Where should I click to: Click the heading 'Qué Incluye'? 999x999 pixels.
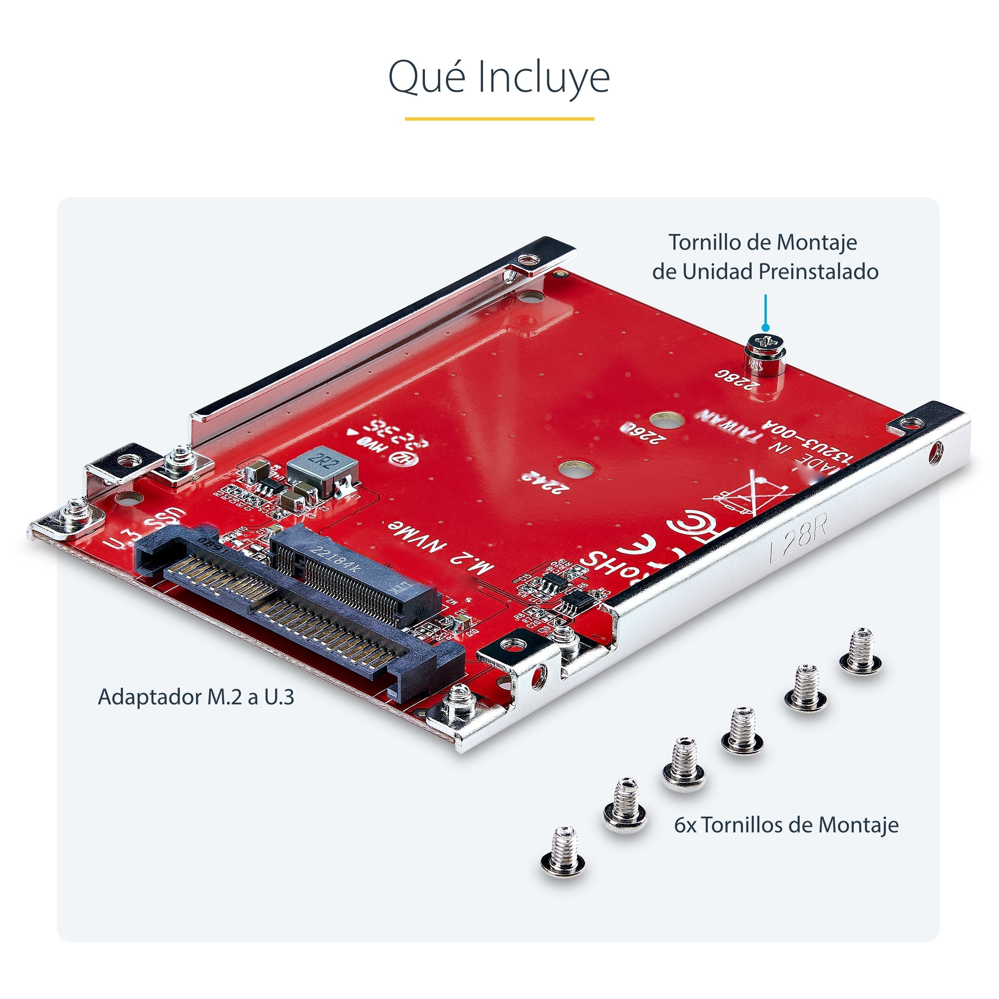(x=499, y=76)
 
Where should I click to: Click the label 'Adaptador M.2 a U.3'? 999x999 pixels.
(x=196, y=697)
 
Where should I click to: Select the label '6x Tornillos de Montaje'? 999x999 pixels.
(x=786, y=824)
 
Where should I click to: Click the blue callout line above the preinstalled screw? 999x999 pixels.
(x=765, y=310)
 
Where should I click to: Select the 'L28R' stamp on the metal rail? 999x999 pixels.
(x=799, y=543)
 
